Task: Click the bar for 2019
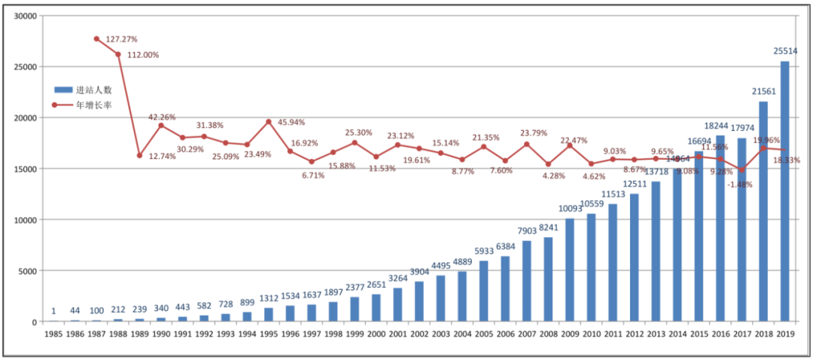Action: (x=785, y=191)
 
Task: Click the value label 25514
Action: (x=785, y=51)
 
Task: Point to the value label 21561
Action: (x=763, y=91)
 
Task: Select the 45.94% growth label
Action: (x=293, y=122)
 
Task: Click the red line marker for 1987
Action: (x=96, y=38)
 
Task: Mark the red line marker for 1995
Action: (x=269, y=121)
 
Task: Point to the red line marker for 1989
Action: (x=139, y=155)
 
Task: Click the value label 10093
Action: (x=570, y=209)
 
